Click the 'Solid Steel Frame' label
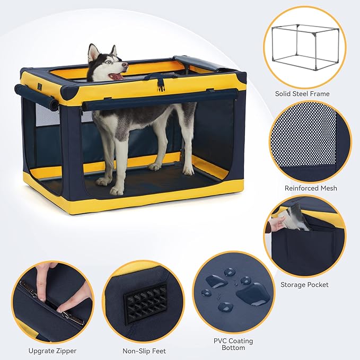pyautogui.click(x=302, y=94)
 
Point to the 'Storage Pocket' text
pyautogui.click(x=304, y=285)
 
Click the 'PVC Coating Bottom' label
pyautogui.click(x=234, y=344)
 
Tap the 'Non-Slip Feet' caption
pyautogui.click(x=145, y=350)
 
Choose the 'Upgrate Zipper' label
pyautogui.click(x=52, y=350)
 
